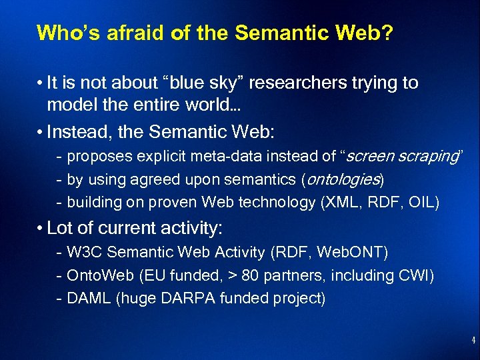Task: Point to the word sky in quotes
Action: click(x=214, y=83)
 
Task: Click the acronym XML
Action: click(x=343, y=202)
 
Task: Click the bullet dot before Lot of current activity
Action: click(x=41, y=229)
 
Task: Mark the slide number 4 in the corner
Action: click(x=473, y=341)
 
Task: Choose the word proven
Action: click(x=181, y=202)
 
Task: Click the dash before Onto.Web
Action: click(x=61, y=275)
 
